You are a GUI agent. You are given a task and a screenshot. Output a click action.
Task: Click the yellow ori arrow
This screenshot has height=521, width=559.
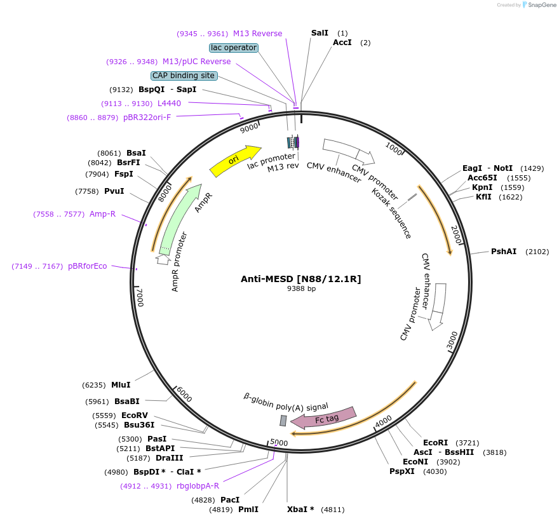point(234,161)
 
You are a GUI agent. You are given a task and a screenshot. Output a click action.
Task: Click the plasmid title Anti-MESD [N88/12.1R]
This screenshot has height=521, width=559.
point(300,279)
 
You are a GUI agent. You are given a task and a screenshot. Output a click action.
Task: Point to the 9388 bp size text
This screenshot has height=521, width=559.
point(301,288)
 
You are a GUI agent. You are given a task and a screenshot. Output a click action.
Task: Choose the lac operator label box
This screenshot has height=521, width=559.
point(233,48)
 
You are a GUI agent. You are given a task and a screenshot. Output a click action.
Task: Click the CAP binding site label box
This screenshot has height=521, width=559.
point(184,76)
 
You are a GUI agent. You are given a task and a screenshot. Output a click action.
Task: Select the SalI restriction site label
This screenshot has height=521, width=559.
point(320,33)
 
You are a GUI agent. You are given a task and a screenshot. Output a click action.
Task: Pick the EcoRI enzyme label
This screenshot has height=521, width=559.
point(436,443)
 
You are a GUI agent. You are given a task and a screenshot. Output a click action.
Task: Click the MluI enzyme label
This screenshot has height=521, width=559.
point(121,385)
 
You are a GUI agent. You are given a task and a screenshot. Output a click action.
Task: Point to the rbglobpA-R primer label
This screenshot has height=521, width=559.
point(198,486)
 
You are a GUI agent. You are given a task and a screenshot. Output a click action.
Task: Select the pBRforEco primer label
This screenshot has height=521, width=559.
point(88,266)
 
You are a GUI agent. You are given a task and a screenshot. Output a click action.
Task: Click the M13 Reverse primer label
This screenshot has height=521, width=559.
point(257,34)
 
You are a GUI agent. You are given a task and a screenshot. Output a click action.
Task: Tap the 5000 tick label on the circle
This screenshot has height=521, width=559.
point(279,442)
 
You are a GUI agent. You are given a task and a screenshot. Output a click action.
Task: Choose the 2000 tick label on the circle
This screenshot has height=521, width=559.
point(455,233)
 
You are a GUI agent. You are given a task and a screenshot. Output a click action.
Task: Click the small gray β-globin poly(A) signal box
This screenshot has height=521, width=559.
point(283,421)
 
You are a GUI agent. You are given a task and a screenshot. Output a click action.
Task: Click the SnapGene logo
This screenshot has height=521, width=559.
point(538,5)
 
